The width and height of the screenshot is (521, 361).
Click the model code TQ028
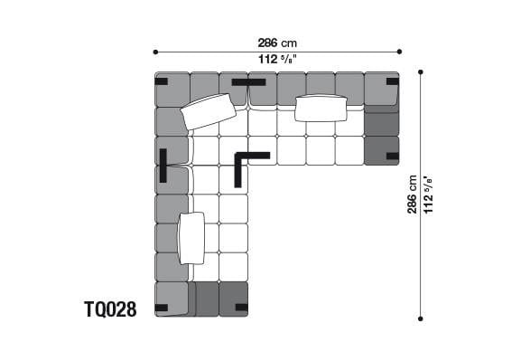pyautogui.click(x=110, y=310)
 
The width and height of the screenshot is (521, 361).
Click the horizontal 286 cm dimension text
pyautogui.click(x=277, y=43)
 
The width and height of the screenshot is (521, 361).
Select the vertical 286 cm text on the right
pyautogui.click(x=413, y=194)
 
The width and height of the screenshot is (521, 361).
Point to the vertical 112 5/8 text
pyautogui.click(x=429, y=194)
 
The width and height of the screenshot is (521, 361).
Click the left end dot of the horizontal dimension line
pyautogui.click(x=155, y=52)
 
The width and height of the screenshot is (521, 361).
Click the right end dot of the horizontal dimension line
pyautogui.click(x=398, y=52)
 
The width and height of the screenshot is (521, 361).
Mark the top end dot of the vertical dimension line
pyautogui.click(x=421, y=71)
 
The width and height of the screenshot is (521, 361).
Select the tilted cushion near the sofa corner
pyautogui.click(x=209, y=111)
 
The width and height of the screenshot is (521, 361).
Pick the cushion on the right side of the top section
pyautogui.click(x=321, y=108)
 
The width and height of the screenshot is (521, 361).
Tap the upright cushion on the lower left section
pyautogui.click(x=191, y=237)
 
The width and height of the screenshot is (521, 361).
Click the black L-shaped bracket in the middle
pyautogui.click(x=246, y=163)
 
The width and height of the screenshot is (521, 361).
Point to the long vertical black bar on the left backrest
pyautogui.click(x=163, y=166)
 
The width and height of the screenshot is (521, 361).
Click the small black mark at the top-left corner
pyautogui.click(x=161, y=81)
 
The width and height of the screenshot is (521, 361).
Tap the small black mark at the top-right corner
pyautogui.click(x=392, y=81)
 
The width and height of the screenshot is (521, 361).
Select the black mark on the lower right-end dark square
pyautogui.click(x=391, y=157)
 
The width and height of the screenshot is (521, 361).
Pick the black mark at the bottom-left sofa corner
pyautogui.click(x=161, y=308)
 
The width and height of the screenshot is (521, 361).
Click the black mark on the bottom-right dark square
pyautogui.click(x=240, y=308)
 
